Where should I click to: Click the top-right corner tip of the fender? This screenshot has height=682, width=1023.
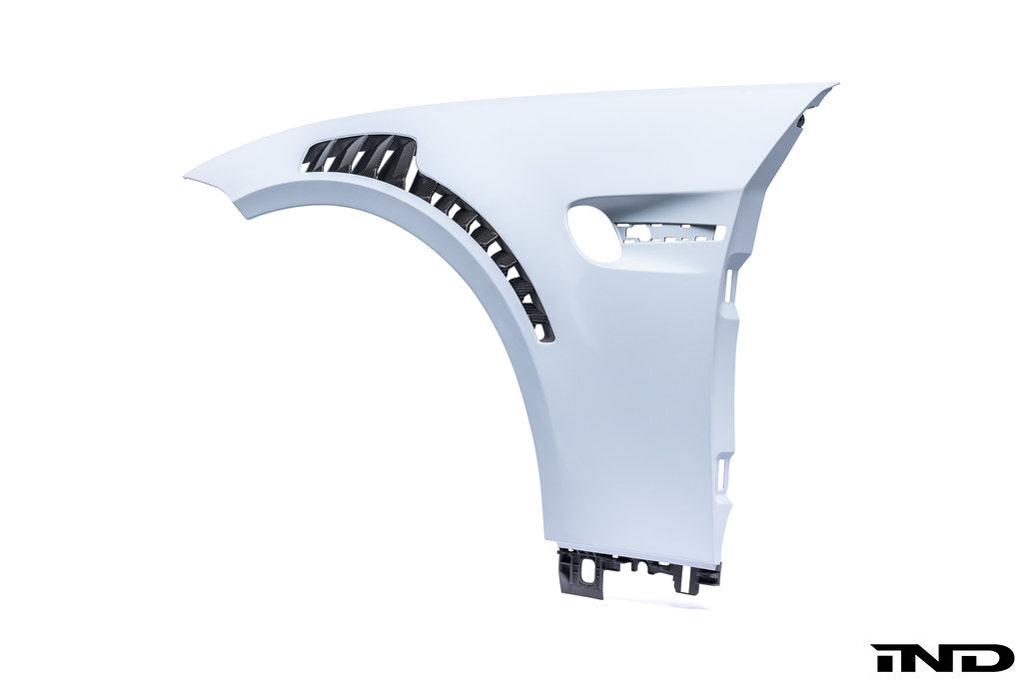pos(836,84)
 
